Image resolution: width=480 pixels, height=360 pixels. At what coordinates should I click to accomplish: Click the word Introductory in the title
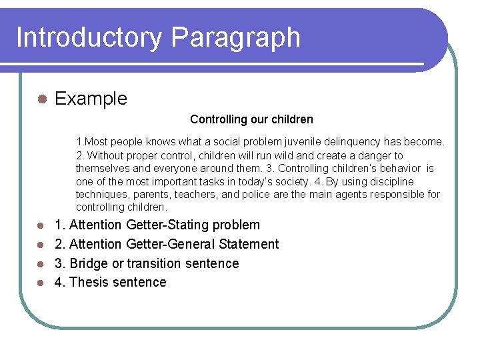tap(89, 37)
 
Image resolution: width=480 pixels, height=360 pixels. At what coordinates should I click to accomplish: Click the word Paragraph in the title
tap(235, 39)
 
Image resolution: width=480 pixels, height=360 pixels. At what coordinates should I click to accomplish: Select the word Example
tap(91, 99)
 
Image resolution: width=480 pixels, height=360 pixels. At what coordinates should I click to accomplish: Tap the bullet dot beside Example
tap(41, 99)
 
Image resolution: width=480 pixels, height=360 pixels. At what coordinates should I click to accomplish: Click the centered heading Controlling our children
tap(251, 119)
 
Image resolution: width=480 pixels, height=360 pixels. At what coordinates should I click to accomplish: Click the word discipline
tap(391, 181)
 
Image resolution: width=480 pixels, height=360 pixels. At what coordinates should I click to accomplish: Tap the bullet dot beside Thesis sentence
tap(41, 283)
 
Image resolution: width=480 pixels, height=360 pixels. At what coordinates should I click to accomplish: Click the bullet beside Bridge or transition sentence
tap(41, 264)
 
